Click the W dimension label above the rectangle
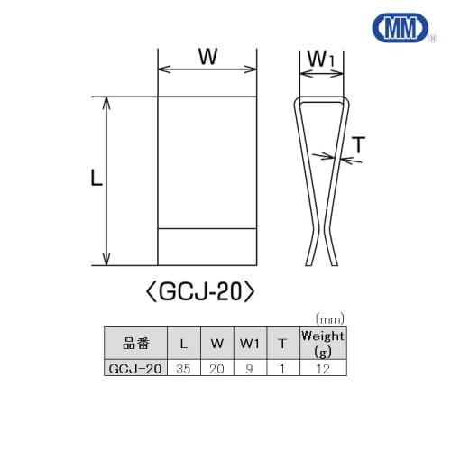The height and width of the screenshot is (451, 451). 207,56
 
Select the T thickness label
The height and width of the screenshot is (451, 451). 359,144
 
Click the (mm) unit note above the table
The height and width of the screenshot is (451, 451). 332,318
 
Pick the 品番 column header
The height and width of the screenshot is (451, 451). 135,343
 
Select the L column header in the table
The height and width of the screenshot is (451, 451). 184,343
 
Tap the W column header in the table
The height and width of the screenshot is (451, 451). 216,343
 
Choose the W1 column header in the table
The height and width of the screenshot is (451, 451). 249,343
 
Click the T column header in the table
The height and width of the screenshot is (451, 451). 282,343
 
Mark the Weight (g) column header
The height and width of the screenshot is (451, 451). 323,343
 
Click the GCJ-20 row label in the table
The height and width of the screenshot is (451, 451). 135,369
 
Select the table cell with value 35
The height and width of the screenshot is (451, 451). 184,369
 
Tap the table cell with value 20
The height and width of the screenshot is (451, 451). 216,369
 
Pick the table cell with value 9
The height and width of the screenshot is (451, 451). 249,369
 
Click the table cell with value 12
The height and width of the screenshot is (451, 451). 323,369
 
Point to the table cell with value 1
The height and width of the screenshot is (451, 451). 282,369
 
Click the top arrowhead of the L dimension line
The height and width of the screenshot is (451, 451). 108,102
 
